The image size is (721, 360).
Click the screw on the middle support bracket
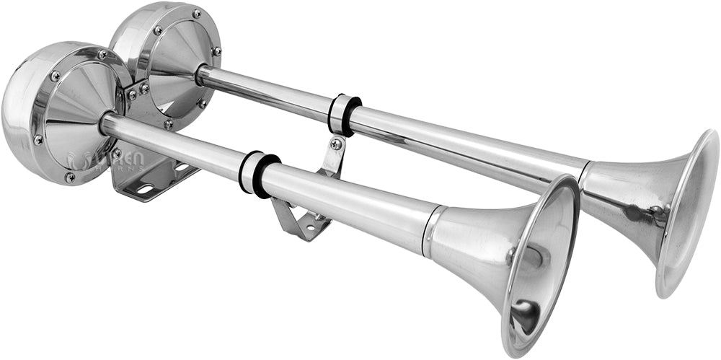[x=335, y=144]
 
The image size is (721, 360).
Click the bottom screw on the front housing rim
[x=70, y=177]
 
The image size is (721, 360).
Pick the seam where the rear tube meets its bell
[x=584, y=173]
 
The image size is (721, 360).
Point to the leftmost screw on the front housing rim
[x=37, y=139]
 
